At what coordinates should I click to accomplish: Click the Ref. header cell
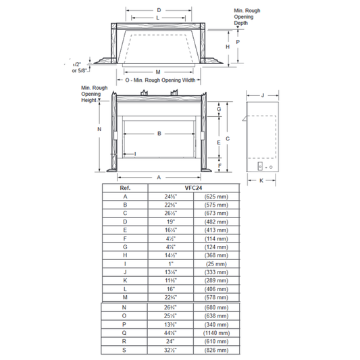[125, 188]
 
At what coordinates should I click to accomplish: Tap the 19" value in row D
[170, 221]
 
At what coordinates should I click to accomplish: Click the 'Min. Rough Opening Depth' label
[247, 17]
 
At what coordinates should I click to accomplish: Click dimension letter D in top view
[159, 10]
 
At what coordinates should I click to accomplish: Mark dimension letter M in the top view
[157, 71]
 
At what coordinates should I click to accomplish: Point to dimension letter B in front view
[159, 134]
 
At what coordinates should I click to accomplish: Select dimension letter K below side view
[261, 181]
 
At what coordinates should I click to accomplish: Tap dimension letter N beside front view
[99, 129]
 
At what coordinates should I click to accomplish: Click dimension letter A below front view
[159, 176]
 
